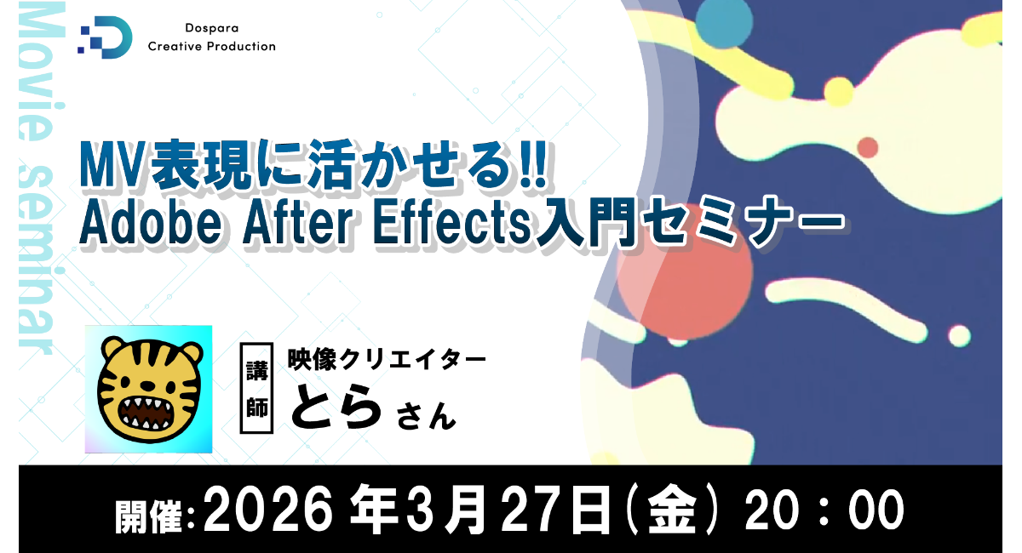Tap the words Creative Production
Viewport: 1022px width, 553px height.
(212, 47)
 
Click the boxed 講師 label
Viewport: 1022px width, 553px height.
(256, 389)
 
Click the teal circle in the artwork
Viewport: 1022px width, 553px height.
(722, 24)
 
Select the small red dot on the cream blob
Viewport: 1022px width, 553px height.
(867, 148)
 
